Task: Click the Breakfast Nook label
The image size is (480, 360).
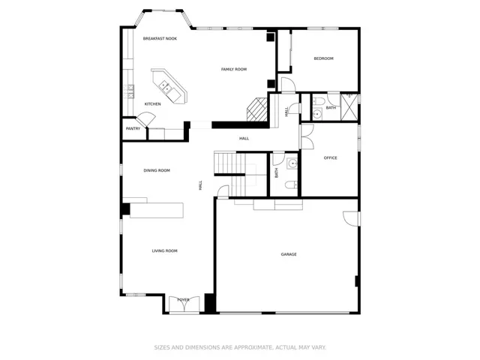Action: coord(160,38)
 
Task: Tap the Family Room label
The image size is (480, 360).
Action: coord(234,70)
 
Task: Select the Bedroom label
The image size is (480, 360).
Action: coord(323,58)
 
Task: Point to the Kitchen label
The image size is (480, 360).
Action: coord(152,104)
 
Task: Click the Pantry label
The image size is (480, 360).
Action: coord(133,128)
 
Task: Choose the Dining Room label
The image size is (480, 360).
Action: coord(157,170)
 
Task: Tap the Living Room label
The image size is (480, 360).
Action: coord(165,251)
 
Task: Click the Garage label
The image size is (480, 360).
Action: coord(289,254)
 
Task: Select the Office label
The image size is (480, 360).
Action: coord(330,158)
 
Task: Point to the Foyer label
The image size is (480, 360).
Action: coord(183,300)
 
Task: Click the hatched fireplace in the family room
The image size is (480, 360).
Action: coord(256,109)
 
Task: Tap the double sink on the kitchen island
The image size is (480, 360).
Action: coord(166,86)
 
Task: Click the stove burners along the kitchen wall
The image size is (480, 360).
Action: coord(128,91)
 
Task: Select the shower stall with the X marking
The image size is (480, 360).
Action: coord(349,106)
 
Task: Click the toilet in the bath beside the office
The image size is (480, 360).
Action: coord(291,184)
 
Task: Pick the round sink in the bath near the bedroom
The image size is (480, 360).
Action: coord(317,115)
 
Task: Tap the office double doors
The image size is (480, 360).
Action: coord(307,136)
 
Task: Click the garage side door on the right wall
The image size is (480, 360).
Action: coord(351,218)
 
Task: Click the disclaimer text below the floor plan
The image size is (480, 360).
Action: coord(240,347)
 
